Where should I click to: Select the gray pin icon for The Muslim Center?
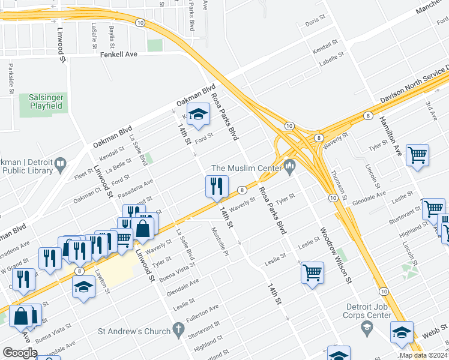(291, 166)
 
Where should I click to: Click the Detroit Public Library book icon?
(60, 164)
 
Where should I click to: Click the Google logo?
(20, 353)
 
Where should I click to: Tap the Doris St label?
(315, 21)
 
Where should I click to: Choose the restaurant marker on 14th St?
(216, 187)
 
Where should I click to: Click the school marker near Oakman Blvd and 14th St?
(197, 113)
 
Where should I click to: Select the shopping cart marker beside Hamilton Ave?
(417, 155)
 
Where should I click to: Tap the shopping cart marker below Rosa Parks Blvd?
(312, 273)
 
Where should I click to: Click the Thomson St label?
(340, 185)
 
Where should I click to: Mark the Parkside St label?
(11, 80)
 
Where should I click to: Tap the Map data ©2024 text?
(423, 355)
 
